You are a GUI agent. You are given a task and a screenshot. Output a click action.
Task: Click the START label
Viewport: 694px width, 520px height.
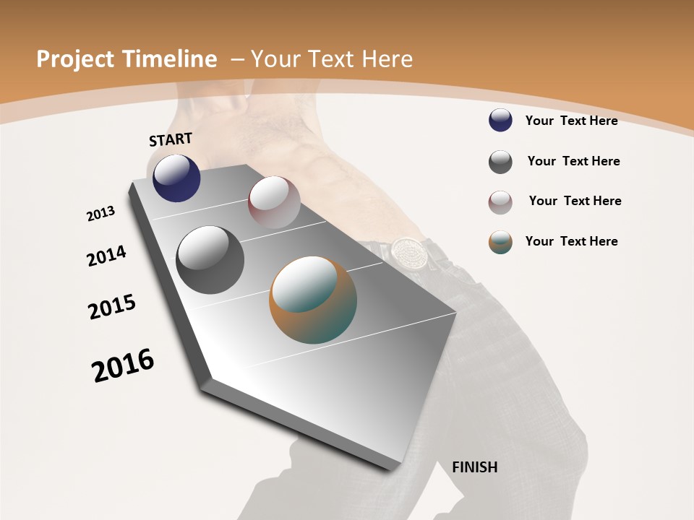(x=171, y=139)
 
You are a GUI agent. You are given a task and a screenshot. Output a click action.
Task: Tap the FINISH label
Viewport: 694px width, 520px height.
(x=475, y=467)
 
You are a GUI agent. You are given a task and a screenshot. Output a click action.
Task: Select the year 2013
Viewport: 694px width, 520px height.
(x=100, y=214)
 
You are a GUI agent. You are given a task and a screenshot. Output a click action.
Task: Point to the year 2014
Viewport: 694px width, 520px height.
(x=106, y=256)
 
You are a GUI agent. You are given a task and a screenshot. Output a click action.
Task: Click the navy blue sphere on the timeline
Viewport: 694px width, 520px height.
(x=176, y=178)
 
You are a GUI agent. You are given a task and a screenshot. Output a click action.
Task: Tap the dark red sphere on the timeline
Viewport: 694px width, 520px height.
(x=274, y=202)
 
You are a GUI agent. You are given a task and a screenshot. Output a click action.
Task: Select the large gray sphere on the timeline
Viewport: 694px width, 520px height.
(x=210, y=260)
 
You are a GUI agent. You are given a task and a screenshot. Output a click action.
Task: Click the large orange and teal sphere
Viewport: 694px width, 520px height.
(x=313, y=300)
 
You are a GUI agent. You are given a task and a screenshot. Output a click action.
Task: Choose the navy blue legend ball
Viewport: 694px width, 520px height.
(x=500, y=121)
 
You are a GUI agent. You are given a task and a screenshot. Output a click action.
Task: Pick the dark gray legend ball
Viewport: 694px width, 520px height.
(x=500, y=162)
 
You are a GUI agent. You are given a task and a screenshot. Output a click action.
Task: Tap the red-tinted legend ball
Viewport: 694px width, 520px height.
(x=500, y=202)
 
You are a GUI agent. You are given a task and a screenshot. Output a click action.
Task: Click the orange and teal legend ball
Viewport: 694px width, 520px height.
(x=500, y=242)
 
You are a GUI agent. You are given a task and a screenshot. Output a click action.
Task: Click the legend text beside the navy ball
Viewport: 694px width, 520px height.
(x=571, y=121)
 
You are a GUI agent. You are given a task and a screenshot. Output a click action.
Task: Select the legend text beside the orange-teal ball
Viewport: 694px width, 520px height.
(x=571, y=241)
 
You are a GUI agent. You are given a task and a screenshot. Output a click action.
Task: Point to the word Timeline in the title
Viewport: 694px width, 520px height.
(x=171, y=59)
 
